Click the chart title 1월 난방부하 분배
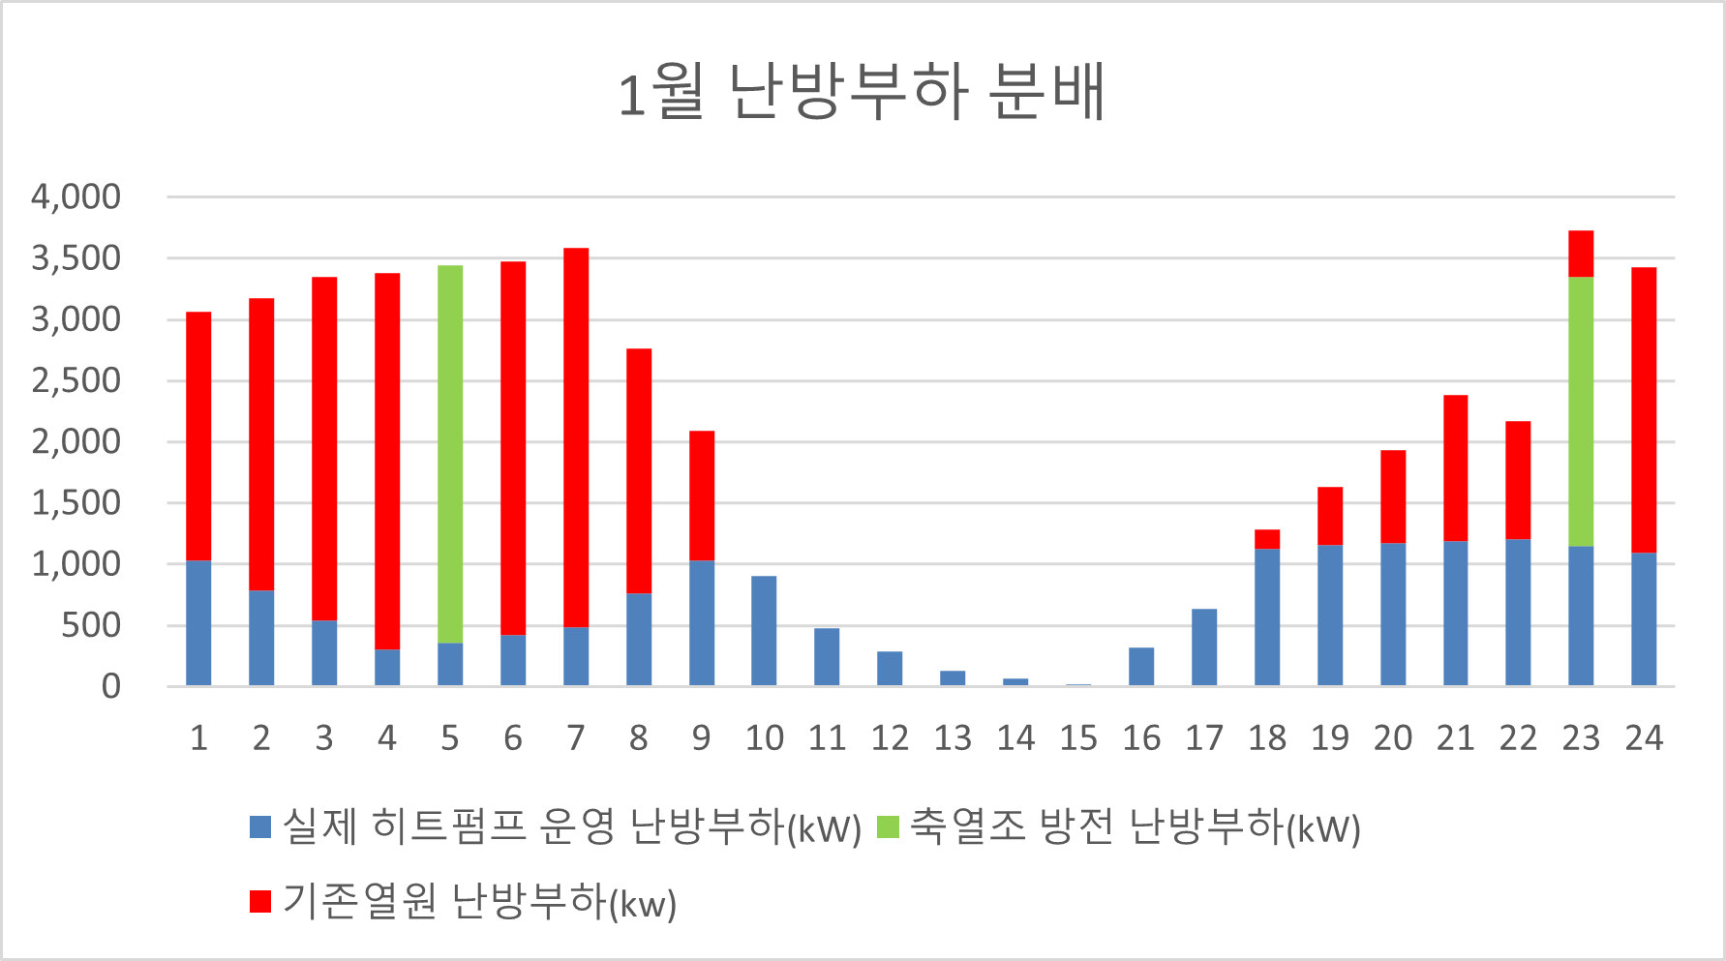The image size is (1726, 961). coord(862,93)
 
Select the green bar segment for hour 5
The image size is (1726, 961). coord(450,454)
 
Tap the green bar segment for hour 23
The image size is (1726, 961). coord(1581,411)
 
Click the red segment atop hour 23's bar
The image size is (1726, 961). coord(1581,254)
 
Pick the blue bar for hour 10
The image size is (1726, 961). coord(764,631)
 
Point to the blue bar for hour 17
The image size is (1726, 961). coord(1204,647)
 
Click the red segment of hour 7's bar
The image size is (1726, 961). coord(576,437)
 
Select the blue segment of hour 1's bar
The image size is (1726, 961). coord(198,623)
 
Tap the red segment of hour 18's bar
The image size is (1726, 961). coord(1267,539)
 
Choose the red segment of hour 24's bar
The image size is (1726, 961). coord(1644,409)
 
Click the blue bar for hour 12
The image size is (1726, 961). coord(890,669)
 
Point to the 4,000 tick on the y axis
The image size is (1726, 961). coord(76,196)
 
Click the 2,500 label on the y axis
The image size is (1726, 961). coord(76,380)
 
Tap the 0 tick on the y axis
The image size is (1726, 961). coord(111,686)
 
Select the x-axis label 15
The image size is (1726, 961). coord(1078,738)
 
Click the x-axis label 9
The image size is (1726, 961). coord(701,738)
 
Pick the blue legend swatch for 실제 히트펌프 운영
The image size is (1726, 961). coord(259,827)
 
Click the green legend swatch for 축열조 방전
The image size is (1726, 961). coord(888,827)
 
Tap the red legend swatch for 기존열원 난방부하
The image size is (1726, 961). coord(259,902)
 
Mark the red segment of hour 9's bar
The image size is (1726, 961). coord(702,496)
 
